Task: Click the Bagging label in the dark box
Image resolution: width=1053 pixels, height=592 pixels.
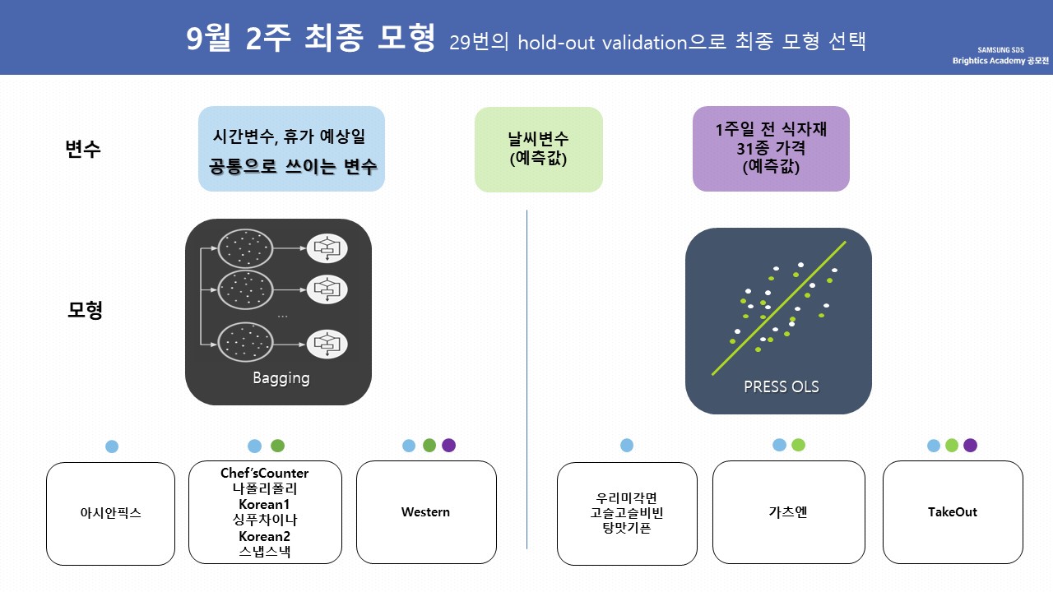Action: coord(281,378)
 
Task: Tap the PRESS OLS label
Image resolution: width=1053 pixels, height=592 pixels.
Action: coord(781,386)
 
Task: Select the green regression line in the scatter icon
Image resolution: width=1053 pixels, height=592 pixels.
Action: coord(778,308)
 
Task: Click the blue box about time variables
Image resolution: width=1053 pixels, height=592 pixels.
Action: coord(291,149)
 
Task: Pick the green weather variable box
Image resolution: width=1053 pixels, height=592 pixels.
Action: coord(539,149)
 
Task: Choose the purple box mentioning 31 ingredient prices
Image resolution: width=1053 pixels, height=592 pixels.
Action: coord(771,149)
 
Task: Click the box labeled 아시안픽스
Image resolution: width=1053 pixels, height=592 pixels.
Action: coord(110,513)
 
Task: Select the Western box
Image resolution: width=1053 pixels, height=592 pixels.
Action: coord(426,512)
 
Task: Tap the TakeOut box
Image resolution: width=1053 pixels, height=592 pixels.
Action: coord(953,512)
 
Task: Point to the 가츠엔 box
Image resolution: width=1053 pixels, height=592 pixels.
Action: coord(788,512)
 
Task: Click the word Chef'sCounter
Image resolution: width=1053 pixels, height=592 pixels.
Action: coord(265,473)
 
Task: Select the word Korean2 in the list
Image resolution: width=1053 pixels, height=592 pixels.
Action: coord(265,536)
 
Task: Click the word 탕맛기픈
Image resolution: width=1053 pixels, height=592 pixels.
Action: coord(627,528)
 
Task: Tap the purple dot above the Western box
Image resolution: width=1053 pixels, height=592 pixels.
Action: coord(448,446)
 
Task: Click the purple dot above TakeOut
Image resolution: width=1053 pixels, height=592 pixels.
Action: coord(971,446)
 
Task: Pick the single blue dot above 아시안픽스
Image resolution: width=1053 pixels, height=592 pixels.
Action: coord(112,446)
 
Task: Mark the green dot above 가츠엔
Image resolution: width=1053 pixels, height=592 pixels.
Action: coord(799,445)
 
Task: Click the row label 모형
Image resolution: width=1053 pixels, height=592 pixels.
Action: coord(84,311)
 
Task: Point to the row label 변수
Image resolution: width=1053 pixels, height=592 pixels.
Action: coord(83,150)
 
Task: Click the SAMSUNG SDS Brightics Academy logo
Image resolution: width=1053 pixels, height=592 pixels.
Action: coord(1000,56)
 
